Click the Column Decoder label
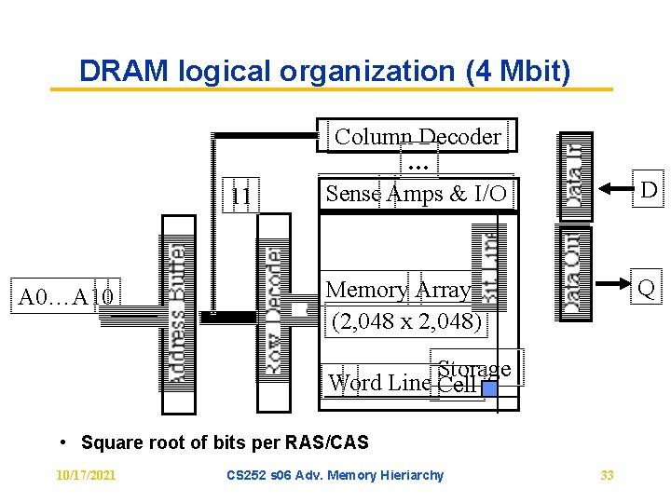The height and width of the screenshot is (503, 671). (x=418, y=137)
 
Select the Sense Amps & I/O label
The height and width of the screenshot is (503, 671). (x=416, y=194)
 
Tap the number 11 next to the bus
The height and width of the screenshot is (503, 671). (x=240, y=196)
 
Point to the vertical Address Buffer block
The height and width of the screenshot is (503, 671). (x=178, y=315)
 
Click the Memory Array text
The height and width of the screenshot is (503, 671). (x=398, y=290)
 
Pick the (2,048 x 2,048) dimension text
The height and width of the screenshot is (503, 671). (x=407, y=322)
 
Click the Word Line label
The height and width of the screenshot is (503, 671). (x=379, y=383)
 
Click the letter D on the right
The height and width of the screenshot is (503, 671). (x=649, y=190)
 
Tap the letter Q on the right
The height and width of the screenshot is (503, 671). (x=646, y=290)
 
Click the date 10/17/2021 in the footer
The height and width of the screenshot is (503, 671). (x=86, y=475)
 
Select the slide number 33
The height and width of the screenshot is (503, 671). (x=607, y=475)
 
